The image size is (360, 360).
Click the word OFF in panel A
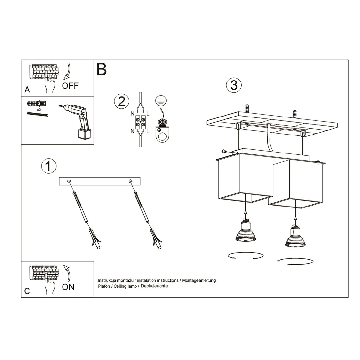[x=70, y=86]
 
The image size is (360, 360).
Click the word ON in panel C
[x=68, y=287]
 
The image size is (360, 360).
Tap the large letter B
[x=102, y=69]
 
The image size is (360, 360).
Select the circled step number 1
[x=48, y=166]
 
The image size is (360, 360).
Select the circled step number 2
[x=121, y=101]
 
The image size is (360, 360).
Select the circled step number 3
[x=234, y=85]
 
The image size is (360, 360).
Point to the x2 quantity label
[x=39, y=109]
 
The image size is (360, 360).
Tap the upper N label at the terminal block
[x=132, y=114]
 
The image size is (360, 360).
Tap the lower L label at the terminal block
[x=148, y=131]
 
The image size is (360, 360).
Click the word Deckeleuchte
[x=154, y=286]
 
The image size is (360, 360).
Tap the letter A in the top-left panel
[x=27, y=89]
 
